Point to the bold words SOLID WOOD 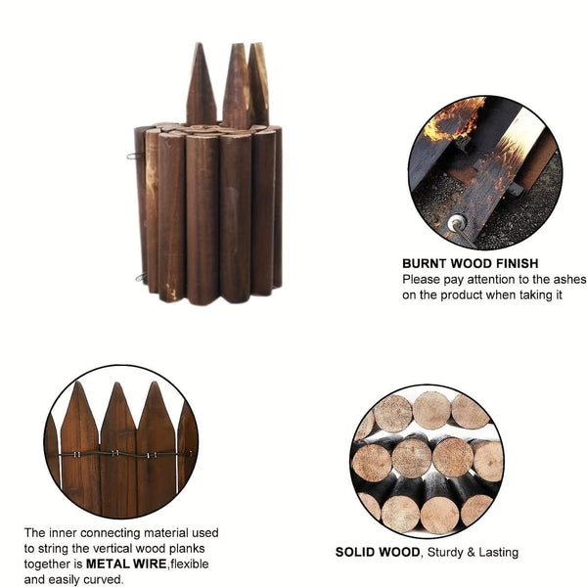click(x=378, y=552)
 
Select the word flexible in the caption click(x=191, y=564)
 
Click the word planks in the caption click(x=199, y=549)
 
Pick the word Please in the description click(x=422, y=279)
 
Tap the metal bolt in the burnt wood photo click(x=456, y=224)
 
